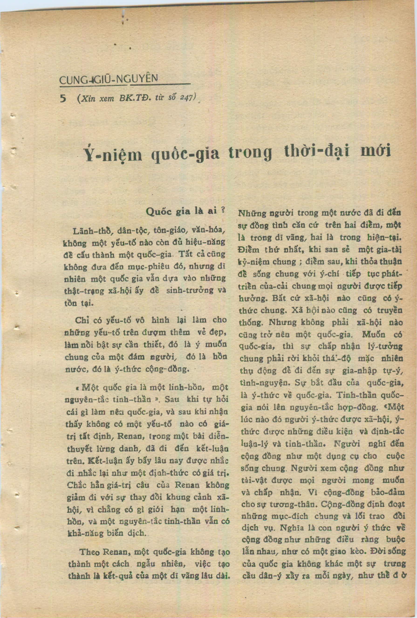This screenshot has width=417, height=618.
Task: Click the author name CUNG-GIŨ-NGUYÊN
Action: (x=109, y=79)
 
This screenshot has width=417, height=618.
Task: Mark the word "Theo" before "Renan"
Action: (x=89, y=552)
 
